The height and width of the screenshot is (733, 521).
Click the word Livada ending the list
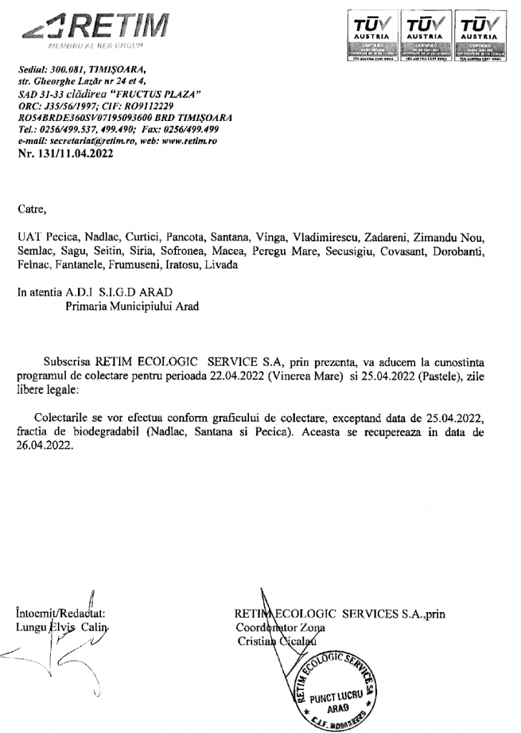(222, 265)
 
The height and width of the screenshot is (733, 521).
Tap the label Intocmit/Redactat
(60, 613)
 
